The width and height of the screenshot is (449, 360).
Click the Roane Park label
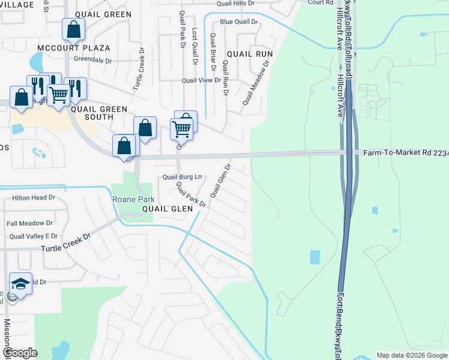coord(133,199)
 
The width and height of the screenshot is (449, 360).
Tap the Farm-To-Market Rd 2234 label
coord(406,153)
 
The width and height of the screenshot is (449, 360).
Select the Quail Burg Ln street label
coord(182,177)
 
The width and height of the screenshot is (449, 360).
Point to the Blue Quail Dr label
coord(238,22)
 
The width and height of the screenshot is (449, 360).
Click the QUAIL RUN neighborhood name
coord(250,54)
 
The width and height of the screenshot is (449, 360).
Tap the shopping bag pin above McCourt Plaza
coord(73,29)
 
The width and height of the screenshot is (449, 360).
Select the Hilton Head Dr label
coord(34,197)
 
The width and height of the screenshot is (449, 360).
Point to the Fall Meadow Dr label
coord(29,223)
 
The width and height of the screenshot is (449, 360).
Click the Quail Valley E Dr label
coord(34,236)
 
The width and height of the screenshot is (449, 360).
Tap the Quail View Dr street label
coord(202,80)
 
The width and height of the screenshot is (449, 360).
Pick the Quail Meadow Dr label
coord(253,86)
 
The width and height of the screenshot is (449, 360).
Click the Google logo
coord(20,353)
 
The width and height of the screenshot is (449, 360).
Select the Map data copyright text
coord(412,355)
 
